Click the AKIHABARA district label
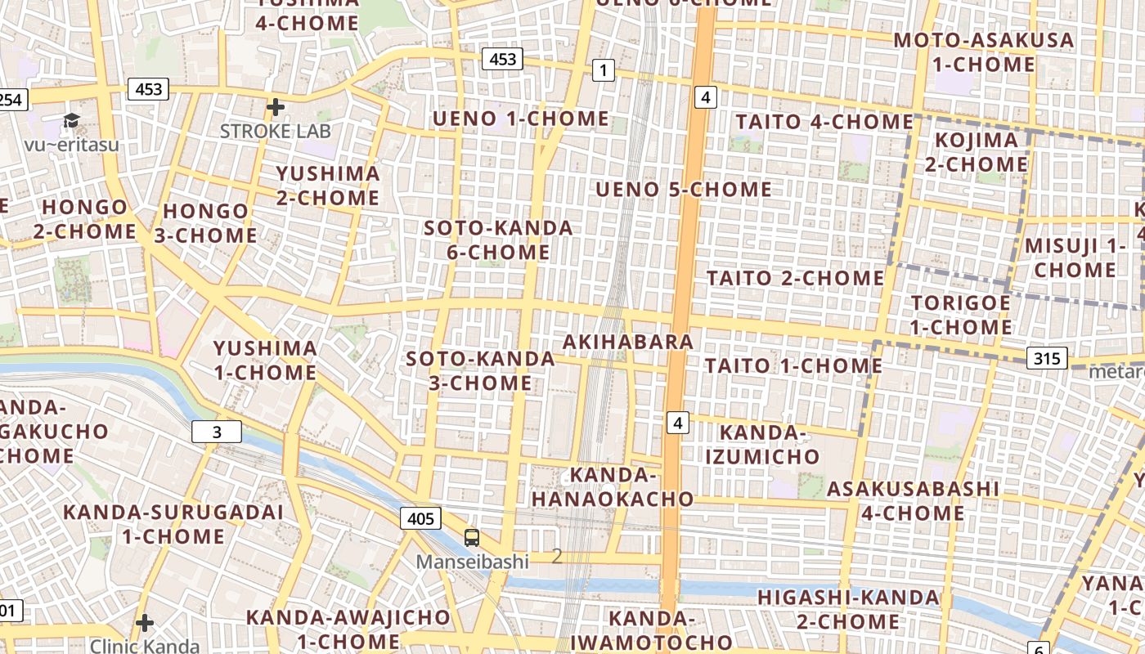pos(629,342)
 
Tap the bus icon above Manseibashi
pos(472,537)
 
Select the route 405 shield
pos(420,518)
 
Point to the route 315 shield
pos(1047,358)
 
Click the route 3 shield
pos(217,432)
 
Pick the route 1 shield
pos(603,70)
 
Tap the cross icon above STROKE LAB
pos(276,107)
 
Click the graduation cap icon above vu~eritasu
pos(72,122)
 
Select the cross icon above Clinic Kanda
pos(145,623)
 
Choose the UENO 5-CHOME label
pos(684,190)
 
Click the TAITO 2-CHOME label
pos(796,278)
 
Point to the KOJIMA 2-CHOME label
pos(977,152)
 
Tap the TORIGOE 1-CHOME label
pos(961,315)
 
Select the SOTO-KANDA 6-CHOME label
pos(499,240)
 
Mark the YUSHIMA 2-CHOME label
pos(328,186)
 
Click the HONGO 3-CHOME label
pos(206,223)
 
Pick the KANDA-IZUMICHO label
pos(762,444)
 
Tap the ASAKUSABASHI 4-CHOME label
pos(913,501)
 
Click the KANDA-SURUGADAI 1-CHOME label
pos(173,524)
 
